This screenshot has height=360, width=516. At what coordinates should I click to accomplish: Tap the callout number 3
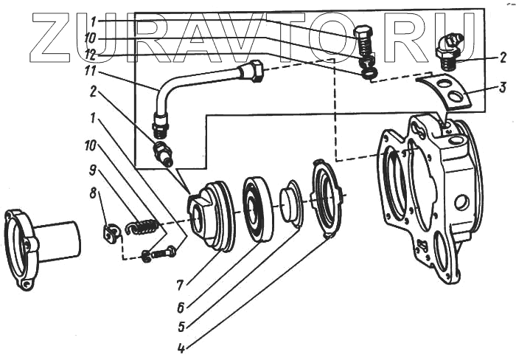502,88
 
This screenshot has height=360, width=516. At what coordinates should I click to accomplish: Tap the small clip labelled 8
111,234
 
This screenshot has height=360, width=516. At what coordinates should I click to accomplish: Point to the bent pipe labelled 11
184,81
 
